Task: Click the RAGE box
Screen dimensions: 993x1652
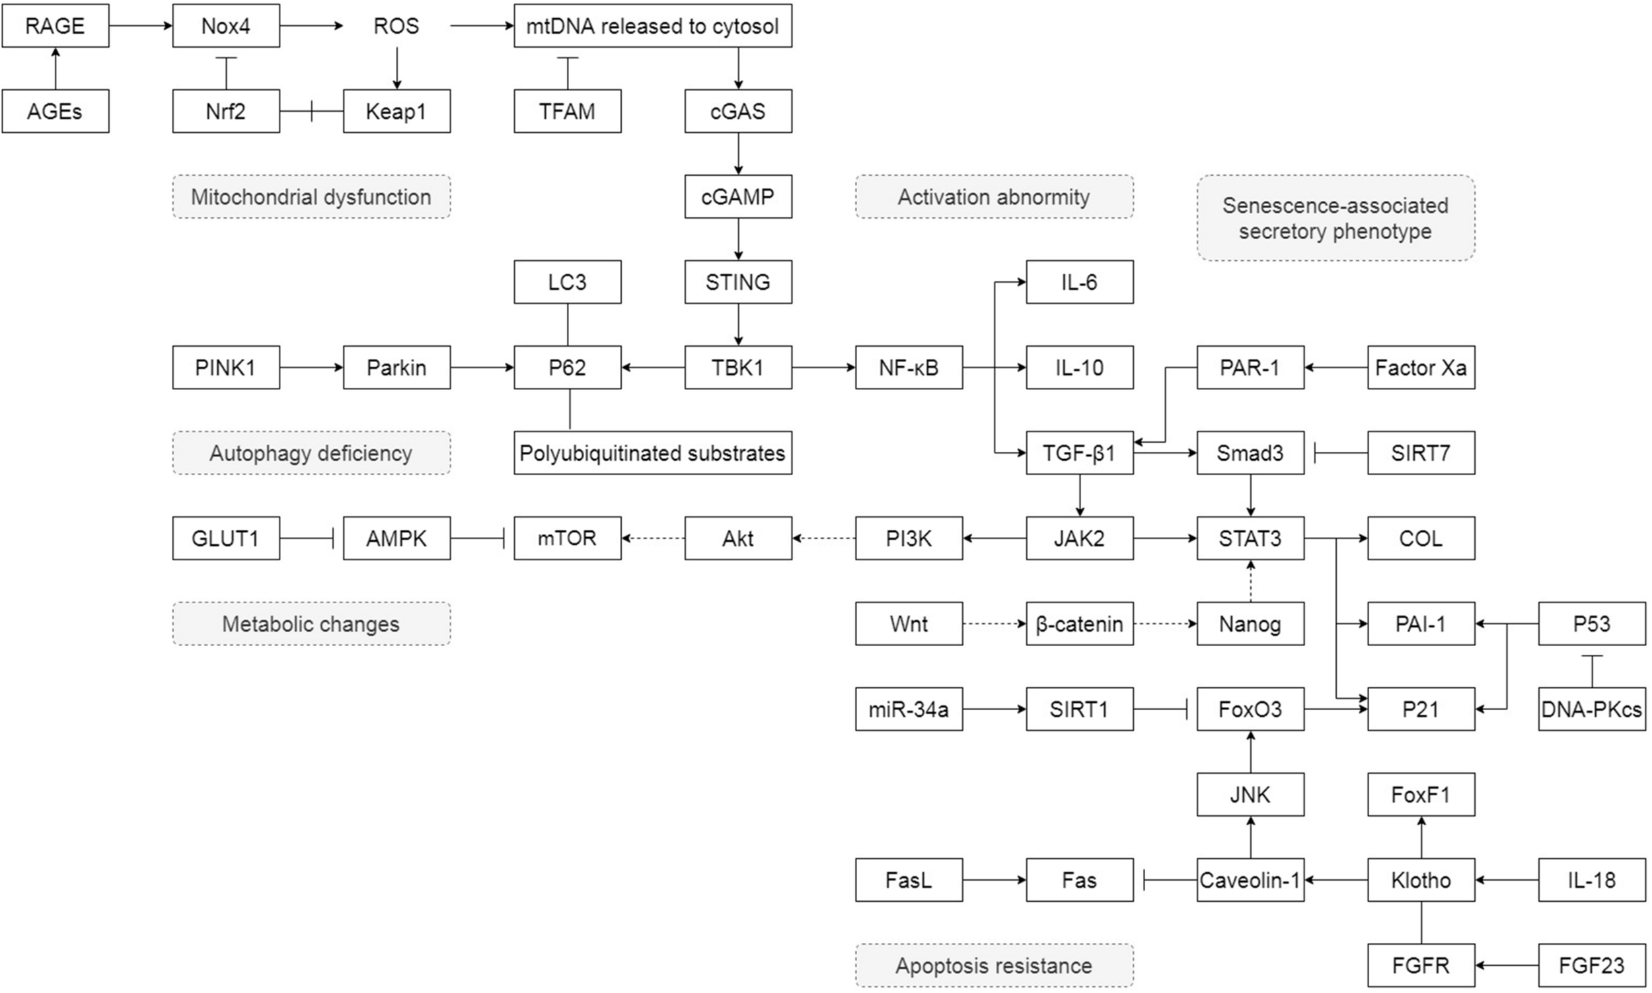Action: point(55,25)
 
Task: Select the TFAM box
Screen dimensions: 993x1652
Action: point(567,111)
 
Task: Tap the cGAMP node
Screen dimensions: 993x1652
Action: point(737,197)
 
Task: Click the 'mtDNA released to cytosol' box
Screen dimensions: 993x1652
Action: point(652,25)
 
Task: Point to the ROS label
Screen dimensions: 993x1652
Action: point(396,25)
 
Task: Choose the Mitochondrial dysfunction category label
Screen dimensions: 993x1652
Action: point(311,197)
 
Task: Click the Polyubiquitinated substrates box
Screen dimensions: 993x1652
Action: point(652,453)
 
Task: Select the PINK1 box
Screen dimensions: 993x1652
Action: point(225,367)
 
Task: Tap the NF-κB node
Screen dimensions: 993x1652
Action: point(909,367)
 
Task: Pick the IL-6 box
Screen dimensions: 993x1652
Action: point(1079,281)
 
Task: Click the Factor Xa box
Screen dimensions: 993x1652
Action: point(1421,367)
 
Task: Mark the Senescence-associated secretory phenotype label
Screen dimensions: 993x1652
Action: point(1335,218)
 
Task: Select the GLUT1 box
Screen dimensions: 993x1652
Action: point(225,538)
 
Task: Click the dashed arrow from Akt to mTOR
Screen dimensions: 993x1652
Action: point(653,538)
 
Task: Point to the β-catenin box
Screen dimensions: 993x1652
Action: point(1079,624)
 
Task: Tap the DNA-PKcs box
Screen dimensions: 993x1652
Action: point(1591,709)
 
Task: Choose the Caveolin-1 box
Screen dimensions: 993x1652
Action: point(1250,880)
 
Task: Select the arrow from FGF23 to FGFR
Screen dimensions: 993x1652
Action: point(1506,965)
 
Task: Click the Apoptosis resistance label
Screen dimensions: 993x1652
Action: point(994,965)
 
